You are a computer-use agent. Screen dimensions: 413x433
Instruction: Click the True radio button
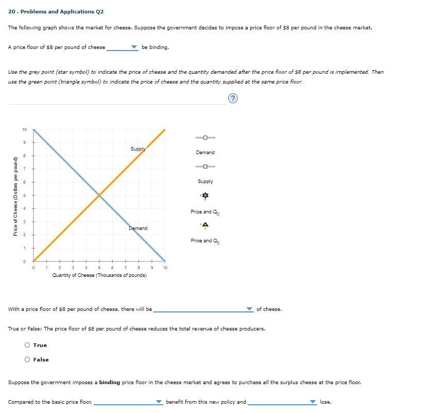[x=28, y=345]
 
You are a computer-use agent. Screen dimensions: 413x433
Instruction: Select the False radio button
[x=28, y=360]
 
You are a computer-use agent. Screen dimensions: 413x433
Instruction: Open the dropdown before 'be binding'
[x=123, y=47]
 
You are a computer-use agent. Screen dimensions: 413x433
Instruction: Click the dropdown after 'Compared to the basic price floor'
[x=128, y=402]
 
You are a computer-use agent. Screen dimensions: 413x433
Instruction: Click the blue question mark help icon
[x=234, y=98]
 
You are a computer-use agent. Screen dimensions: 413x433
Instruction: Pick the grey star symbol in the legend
[x=205, y=196]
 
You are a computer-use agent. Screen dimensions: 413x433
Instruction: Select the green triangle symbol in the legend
[x=205, y=225]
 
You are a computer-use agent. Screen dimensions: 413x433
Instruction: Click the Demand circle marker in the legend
[x=205, y=138]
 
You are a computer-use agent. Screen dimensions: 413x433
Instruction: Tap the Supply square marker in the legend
[x=205, y=166]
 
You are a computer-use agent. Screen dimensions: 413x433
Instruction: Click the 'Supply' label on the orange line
[x=137, y=149]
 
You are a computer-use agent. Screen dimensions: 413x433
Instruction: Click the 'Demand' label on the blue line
[x=137, y=228]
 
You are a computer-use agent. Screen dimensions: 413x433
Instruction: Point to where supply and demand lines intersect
[x=99, y=195]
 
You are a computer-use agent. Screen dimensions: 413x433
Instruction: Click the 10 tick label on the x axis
[x=165, y=268]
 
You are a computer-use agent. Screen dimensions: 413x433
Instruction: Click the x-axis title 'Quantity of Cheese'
[x=99, y=275]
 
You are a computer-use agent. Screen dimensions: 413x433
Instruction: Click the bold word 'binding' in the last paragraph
[x=109, y=383]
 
